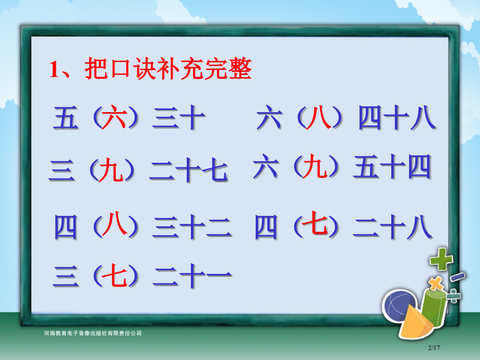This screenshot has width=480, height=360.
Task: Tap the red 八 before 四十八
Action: [319, 118]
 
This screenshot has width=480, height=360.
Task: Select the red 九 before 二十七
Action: [111, 171]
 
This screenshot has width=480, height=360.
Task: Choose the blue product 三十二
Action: [191, 227]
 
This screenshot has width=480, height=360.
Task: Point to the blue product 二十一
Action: [191, 276]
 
